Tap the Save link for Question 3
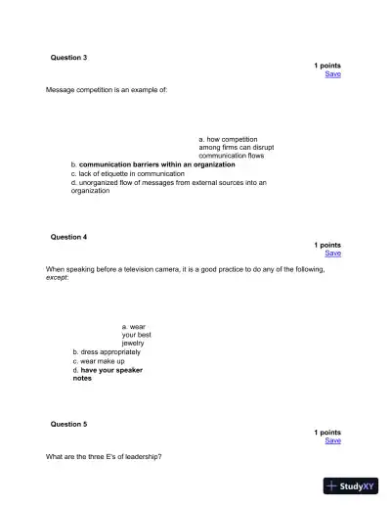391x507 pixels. tap(332, 73)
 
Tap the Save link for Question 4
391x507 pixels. tap(332, 253)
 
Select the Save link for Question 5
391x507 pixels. tap(332, 439)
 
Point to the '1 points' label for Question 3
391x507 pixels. tap(327, 66)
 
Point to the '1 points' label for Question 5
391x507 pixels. tap(327, 432)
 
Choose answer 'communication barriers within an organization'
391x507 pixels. tap(156, 164)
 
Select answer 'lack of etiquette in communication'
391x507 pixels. tap(132, 173)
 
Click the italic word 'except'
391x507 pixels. tap(57, 277)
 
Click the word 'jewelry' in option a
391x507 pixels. tap(133, 343)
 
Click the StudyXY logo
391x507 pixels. tap(350, 485)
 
